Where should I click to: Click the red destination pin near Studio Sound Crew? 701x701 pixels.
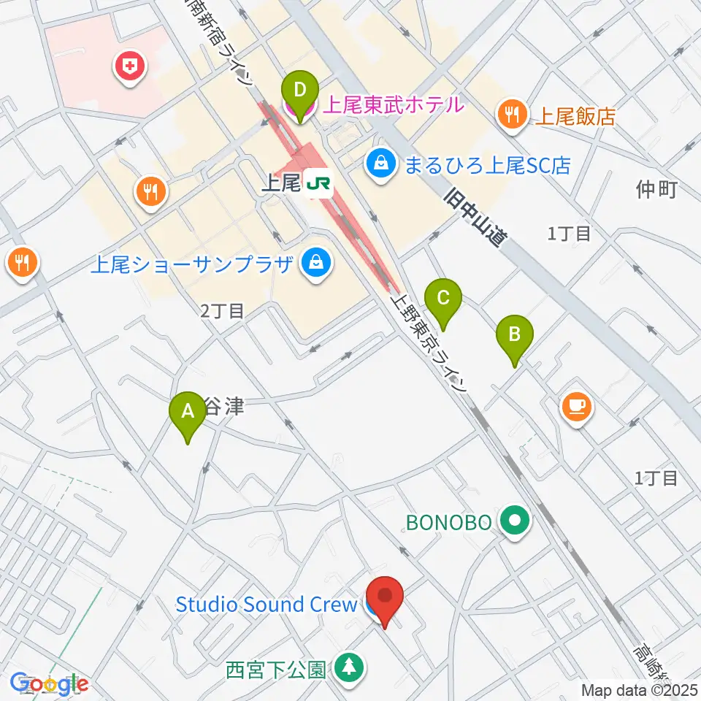(385, 600)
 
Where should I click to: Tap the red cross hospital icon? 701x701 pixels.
(131, 68)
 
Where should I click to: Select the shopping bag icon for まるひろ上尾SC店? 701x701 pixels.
(380, 163)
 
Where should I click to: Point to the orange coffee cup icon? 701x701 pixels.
(577, 406)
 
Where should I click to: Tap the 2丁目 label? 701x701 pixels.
(223, 311)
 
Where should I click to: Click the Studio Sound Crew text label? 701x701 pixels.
(266, 605)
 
